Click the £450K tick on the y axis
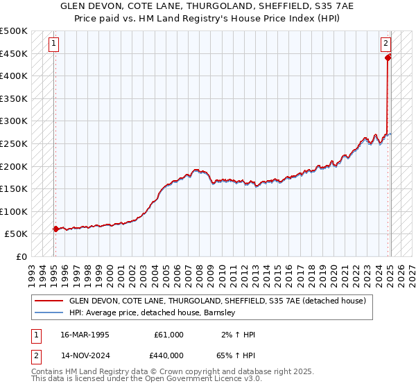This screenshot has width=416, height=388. pos(14,53)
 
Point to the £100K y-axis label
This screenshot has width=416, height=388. pos(14,211)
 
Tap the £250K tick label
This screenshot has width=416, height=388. pos(14,143)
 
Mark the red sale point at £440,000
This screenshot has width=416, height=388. pos(388,58)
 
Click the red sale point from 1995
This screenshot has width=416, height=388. pos(55,229)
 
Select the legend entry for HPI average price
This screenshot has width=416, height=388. pos(153,312)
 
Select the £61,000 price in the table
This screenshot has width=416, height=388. pos(168,335)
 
